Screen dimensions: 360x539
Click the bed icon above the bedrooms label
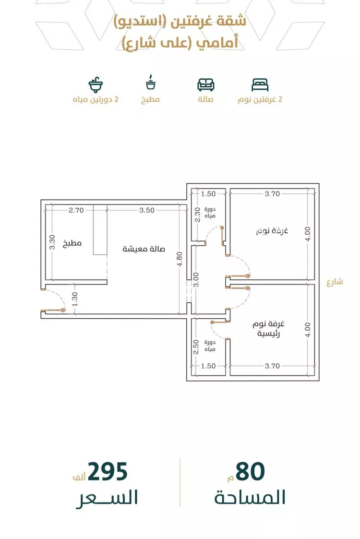(x=260, y=84)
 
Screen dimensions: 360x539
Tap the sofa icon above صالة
(x=205, y=84)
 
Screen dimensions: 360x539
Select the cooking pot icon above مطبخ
(x=151, y=82)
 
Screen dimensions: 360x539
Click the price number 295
(x=108, y=472)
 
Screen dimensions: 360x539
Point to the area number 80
(x=250, y=472)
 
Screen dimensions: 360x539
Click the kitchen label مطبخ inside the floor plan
(x=72, y=243)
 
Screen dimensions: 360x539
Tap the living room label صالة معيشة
(x=144, y=249)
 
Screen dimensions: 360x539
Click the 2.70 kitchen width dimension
(x=76, y=210)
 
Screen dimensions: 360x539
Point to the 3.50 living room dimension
(x=147, y=210)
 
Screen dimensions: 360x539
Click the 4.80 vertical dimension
(x=180, y=259)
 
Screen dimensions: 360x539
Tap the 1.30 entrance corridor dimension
(x=75, y=299)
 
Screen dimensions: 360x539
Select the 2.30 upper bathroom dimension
(x=197, y=215)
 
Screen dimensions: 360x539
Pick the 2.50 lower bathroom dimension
(x=196, y=347)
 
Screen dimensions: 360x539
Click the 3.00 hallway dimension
(x=196, y=280)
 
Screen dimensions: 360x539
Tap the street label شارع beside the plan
(x=335, y=282)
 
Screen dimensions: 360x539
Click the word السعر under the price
(x=107, y=498)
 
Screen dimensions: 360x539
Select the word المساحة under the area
(x=250, y=497)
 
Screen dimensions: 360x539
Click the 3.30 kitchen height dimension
(x=52, y=242)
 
